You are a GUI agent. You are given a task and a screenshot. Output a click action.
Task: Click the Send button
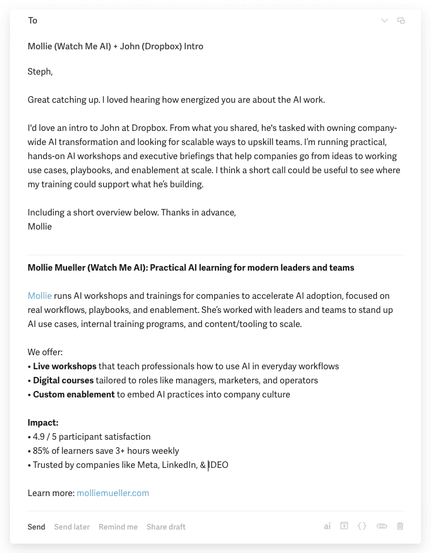(x=36, y=527)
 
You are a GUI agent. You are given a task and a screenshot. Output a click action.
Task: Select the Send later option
(x=72, y=527)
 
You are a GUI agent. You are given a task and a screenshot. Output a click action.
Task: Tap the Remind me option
(x=118, y=527)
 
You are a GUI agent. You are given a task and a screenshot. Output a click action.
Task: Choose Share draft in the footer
(x=166, y=527)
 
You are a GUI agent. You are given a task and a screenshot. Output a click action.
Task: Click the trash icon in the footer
(x=400, y=526)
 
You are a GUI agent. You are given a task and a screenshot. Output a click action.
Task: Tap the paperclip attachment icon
(x=382, y=526)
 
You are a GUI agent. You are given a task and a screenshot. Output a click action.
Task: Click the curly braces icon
(x=362, y=526)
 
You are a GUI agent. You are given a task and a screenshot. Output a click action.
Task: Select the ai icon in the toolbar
(x=327, y=527)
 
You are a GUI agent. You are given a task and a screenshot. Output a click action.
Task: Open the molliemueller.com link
(x=113, y=493)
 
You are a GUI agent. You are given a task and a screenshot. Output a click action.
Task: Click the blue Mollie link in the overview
(x=39, y=296)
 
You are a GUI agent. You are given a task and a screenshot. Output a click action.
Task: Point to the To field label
(x=32, y=21)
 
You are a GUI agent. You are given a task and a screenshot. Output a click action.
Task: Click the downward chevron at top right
(x=385, y=21)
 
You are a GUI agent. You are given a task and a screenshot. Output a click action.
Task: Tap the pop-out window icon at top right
(x=401, y=21)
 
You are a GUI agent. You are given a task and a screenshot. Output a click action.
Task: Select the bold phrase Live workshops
(x=65, y=366)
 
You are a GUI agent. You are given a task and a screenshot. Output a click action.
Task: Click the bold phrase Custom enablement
(x=73, y=394)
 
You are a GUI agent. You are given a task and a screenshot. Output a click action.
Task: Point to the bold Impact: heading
(x=43, y=423)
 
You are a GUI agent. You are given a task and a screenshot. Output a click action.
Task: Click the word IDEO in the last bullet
(x=219, y=465)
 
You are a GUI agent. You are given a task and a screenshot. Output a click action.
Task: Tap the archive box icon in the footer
(x=345, y=526)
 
